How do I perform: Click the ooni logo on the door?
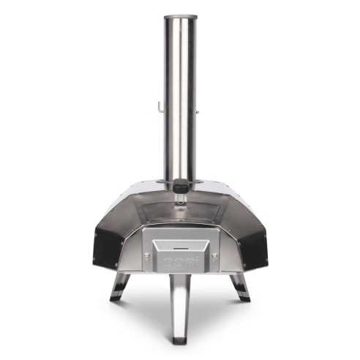point(181,263)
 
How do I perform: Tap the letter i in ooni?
point(197,262)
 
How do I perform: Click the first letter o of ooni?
point(168,263)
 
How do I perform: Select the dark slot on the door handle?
point(181,249)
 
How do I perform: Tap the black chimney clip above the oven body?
point(181,186)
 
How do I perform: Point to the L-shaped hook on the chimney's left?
point(160,108)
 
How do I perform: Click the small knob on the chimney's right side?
point(198,112)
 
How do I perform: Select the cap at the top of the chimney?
point(181,17)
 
